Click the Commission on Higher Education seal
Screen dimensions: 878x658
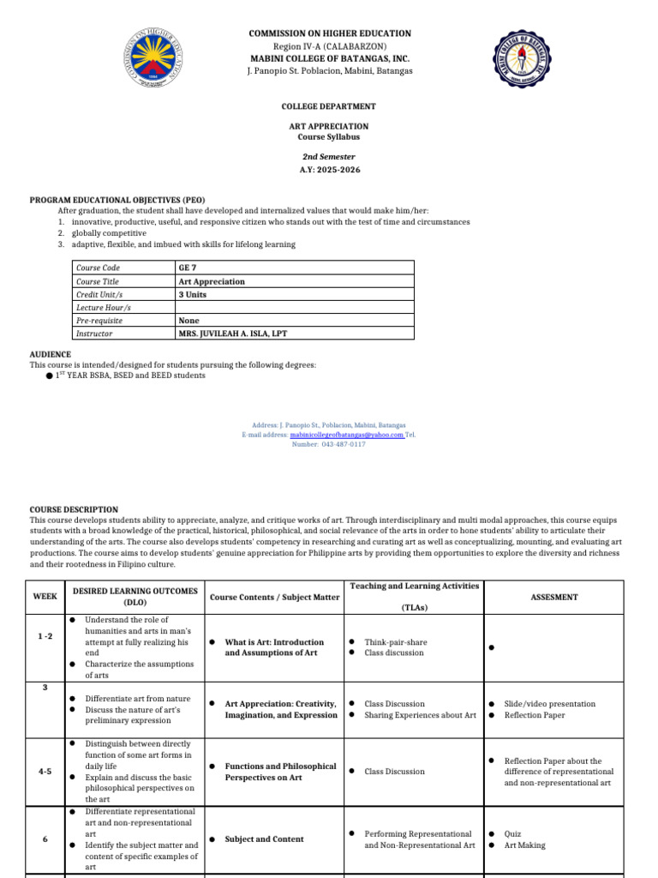(x=154, y=68)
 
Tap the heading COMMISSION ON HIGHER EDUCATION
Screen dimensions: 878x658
(x=329, y=33)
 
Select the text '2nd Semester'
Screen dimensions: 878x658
(x=329, y=157)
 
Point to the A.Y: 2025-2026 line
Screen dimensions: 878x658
(x=329, y=170)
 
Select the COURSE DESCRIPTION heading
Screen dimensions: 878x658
(x=74, y=509)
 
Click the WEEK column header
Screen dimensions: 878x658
(x=45, y=597)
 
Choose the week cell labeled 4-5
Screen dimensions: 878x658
(x=45, y=772)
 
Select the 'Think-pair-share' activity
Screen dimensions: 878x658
(x=395, y=641)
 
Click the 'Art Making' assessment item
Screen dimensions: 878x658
(x=524, y=845)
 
